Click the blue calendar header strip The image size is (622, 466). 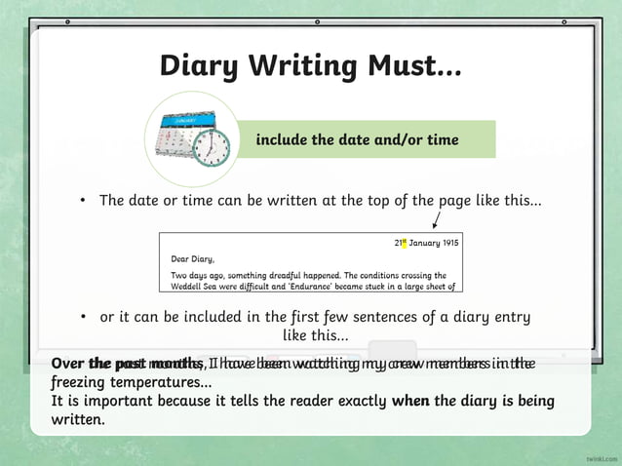click(x=189, y=118)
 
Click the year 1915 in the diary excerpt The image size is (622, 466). click(x=447, y=242)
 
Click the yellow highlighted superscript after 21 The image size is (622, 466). click(x=404, y=240)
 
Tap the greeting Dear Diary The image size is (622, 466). click(x=192, y=258)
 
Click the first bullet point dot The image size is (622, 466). click(x=84, y=201)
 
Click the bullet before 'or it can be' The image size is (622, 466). click(x=86, y=317)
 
